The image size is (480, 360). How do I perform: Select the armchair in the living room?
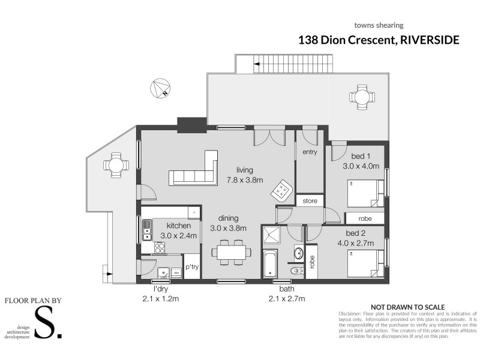click(x=280, y=191)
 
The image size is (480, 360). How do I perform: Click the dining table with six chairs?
click(x=232, y=252)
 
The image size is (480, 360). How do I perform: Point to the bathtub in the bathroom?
click(x=270, y=264)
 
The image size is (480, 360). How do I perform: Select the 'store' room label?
click(x=310, y=200)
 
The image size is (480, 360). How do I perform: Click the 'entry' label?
click(x=310, y=152)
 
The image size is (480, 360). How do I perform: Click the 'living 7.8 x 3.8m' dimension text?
click(x=245, y=175)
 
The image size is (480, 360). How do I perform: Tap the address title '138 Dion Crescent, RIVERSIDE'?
click(x=379, y=40)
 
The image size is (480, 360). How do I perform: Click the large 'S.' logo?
click(x=48, y=323)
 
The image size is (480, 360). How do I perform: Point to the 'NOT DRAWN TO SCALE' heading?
click(x=407, y=305)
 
